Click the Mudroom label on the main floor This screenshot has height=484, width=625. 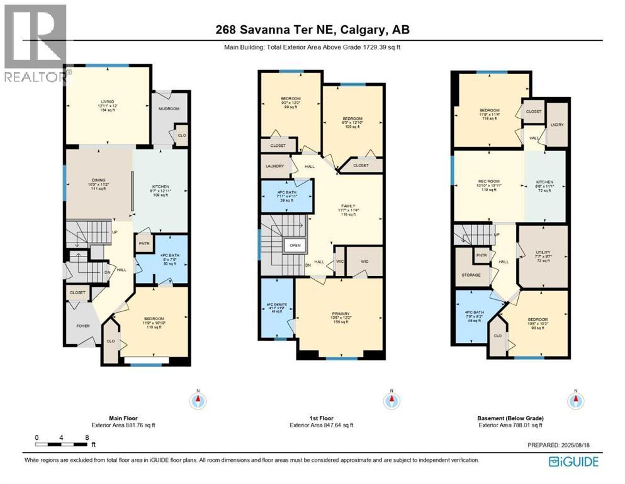coord(168,109)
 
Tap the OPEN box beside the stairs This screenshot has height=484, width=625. coord(294,245)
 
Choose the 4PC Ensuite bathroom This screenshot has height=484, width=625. coord(277,308)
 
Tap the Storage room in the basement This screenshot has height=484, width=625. coord(471,275)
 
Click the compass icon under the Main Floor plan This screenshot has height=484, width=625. coord(198,399)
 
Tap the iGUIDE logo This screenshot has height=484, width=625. coord(574,461)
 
